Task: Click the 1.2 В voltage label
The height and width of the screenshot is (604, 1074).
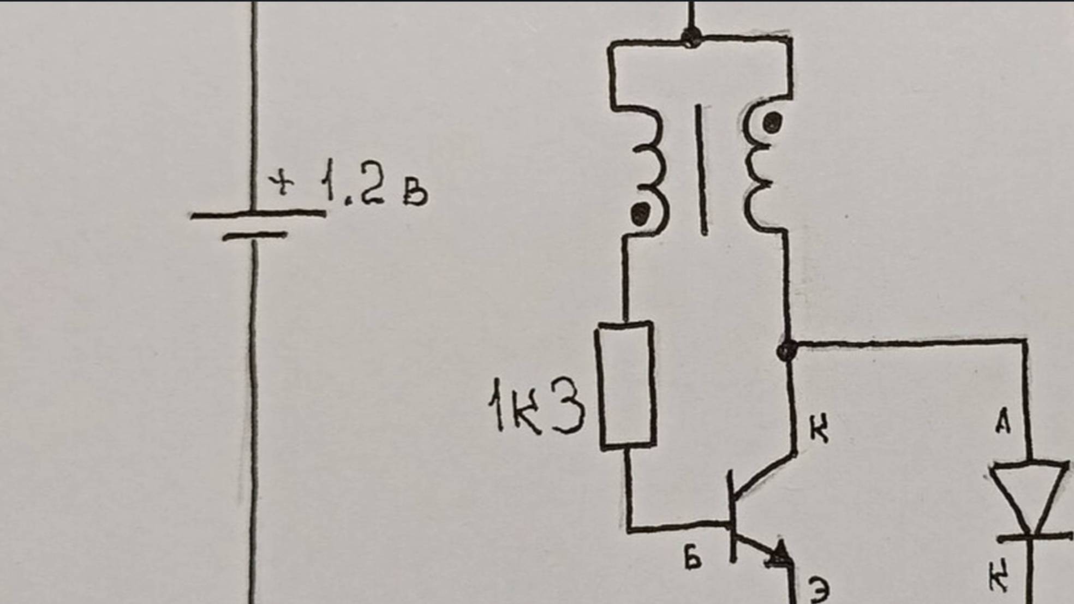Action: (373, 184)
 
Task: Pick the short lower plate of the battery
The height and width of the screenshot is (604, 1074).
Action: (254, 236)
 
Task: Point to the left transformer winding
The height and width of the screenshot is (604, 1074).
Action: (649, 169)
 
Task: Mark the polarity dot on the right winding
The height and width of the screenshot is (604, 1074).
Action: (772, 123)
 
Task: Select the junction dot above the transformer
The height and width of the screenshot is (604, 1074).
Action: (691, 37)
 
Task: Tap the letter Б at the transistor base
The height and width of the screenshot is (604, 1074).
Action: (693, 558)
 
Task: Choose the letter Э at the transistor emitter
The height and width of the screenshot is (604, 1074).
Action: (819, 590)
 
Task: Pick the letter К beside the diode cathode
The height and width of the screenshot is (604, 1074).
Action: (999, 578)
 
